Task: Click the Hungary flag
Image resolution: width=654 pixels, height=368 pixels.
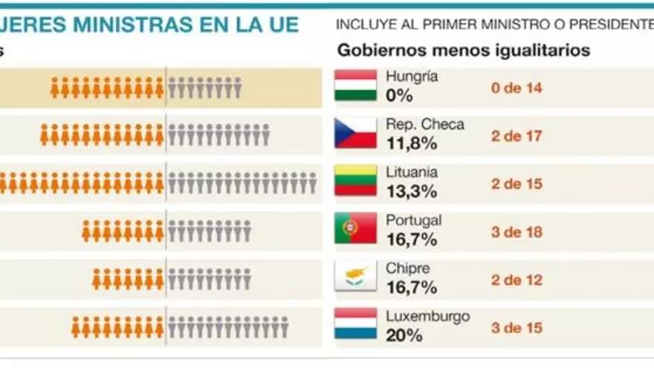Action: point(355,85)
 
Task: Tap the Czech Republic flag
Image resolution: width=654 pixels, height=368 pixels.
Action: point(355,133)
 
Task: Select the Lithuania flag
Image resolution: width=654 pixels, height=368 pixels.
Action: point(355,181)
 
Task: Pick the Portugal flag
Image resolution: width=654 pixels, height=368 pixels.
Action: point(355,228)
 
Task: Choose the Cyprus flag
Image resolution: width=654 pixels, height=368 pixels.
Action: point(355,276)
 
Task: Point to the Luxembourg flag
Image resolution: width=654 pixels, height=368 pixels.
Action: point(355,323)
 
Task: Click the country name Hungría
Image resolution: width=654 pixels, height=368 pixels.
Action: point(412,77)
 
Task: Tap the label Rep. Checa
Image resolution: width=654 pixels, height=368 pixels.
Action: point(424,124)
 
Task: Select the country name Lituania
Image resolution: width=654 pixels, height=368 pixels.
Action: point(412,172)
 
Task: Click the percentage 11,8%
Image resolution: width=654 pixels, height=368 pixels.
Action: point(411,143)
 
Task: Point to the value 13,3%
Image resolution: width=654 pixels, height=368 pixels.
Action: point(411,192)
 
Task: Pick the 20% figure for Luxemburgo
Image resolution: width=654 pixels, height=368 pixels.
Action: point(404,335)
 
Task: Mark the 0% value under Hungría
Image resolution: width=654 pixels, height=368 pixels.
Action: point(400,96)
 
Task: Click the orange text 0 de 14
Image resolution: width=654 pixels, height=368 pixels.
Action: point(516,88)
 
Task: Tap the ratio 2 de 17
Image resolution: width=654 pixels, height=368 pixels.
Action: point(516,136)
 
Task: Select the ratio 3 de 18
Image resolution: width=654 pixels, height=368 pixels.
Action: point(516,232)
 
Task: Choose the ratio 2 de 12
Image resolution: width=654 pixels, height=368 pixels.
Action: point(516,280)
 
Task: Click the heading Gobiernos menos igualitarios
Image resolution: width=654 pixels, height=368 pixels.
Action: point(464,51)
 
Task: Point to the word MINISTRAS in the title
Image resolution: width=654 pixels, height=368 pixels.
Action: point(148,25)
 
